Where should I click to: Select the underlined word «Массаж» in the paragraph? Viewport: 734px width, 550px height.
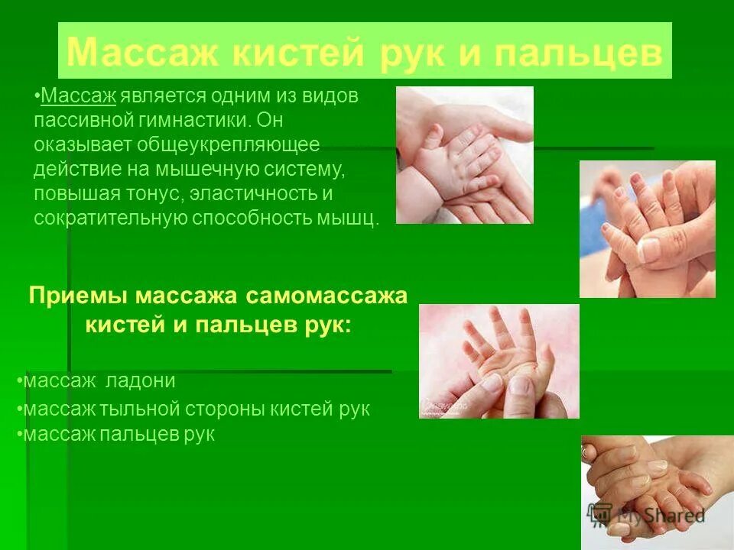point(78,96)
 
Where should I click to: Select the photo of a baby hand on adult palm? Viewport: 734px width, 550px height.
point(464,154)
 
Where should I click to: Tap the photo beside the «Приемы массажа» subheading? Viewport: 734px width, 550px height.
point(499,361)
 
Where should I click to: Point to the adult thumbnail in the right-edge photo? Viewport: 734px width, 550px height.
point(649,248)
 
